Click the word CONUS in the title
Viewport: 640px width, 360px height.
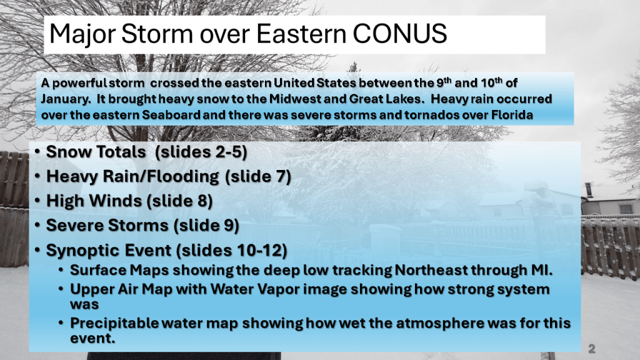(399, 34)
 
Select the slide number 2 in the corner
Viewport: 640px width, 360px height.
(592, 349)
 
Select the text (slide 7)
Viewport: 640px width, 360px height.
(258, 176)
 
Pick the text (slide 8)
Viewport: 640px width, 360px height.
(179, 201)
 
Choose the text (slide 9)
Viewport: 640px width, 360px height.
(206, 225)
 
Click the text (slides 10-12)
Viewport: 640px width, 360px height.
(232, 250)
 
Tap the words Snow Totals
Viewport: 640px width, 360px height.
(96, 152)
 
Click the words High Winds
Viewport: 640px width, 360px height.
(94, 201)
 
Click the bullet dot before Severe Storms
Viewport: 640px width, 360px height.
(37, 225)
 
